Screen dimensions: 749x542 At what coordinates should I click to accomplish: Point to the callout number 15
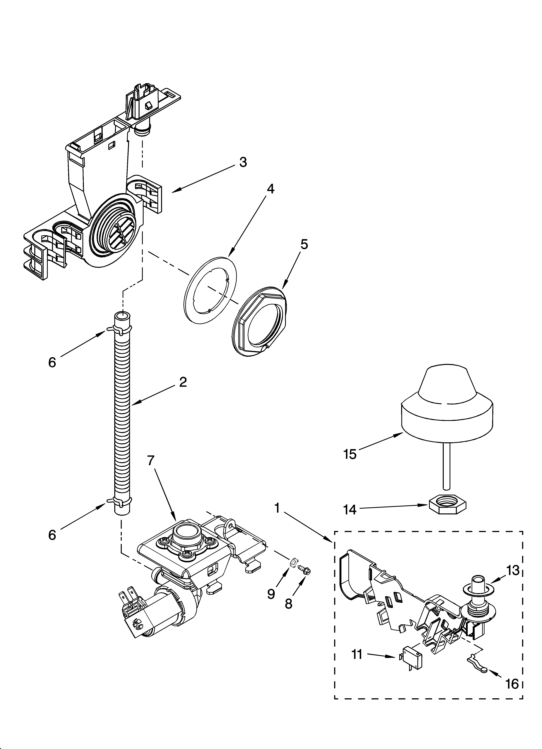point(350,454)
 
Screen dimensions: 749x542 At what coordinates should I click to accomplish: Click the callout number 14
point(350,510)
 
